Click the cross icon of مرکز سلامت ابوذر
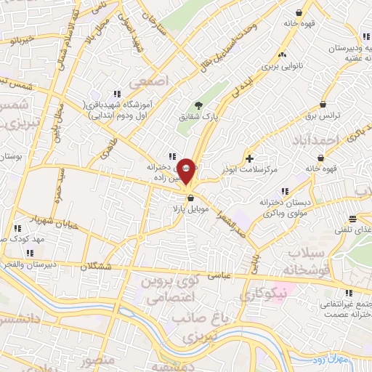click(250, 158)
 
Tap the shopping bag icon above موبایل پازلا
click(190, 198)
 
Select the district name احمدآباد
click(319, 139)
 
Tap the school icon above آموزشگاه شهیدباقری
click(116, 94)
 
